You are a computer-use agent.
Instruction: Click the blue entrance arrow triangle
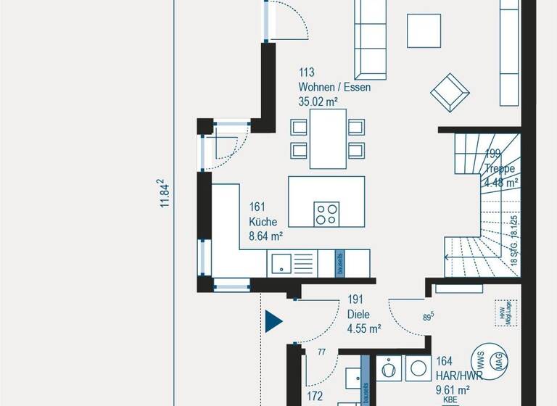coord(273,320)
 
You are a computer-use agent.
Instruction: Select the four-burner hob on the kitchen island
coord(326,213)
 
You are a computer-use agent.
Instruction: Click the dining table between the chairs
coord(328,138)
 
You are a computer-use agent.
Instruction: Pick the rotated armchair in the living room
coord(450,92)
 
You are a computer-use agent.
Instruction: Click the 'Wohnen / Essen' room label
coord(334,87)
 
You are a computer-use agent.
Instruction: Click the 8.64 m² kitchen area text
coord(265,235)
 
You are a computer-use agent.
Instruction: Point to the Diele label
coord(358,315)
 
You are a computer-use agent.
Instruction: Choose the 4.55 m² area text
coord(364,328)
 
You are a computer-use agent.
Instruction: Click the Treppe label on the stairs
coord(500,168)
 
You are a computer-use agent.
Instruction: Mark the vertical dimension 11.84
coord(165,194)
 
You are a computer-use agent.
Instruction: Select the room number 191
coord(355,299)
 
